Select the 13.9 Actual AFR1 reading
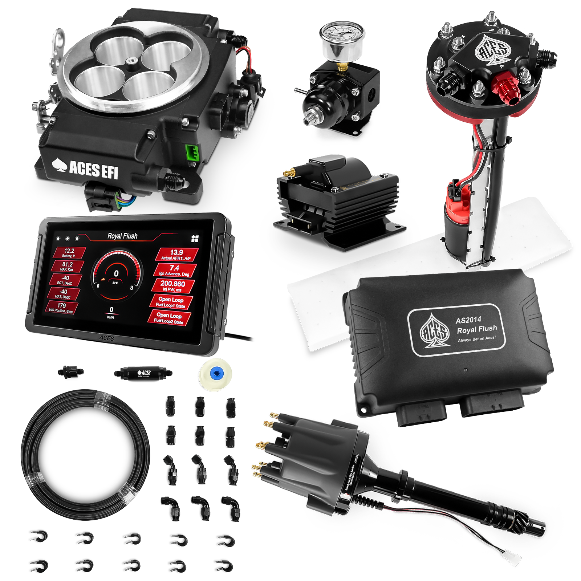(177, 254)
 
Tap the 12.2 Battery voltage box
(69, 253)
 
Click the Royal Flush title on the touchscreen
(122, 236)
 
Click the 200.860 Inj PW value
(173, 285)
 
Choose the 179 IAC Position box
(61, 308)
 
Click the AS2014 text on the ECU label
(468, 320)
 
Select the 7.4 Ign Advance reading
(175, 270)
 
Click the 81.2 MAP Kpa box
(67, 266)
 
